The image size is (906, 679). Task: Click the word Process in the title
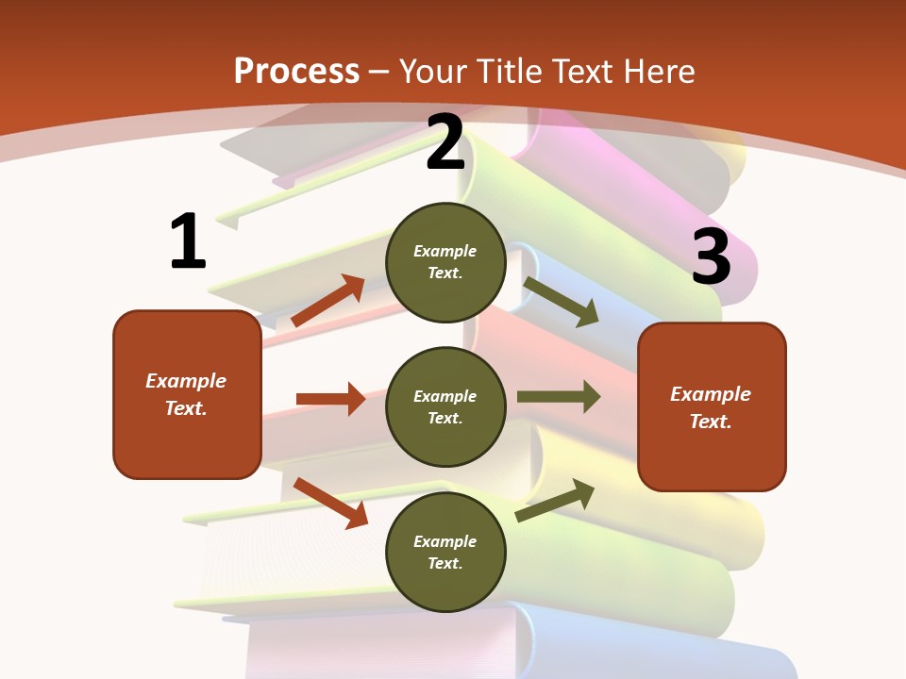[x=296, y=72]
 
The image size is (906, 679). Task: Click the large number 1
[x=188, y=241]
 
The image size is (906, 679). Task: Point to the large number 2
[x=445, y=142]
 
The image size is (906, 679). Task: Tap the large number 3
[x=711, y=257]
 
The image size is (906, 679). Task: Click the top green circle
[x=445, y=262]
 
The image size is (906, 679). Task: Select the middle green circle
[x=445, y=406]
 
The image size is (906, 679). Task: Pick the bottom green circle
[x=445, y=552]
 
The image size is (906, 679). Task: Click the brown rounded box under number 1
[x=187, y=394]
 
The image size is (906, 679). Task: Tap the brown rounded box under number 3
[x=712, y=407]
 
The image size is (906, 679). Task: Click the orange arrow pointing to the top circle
[x=328, y=301]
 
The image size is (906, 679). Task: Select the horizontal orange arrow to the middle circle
[x=330, y=399]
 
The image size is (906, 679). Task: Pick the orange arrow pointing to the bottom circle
[x=330, y=503]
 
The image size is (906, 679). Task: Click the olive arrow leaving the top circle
[x=561, y=301]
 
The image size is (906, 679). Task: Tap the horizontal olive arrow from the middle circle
[x=558, y=397]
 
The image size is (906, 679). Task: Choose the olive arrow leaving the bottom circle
[x=555, y=500]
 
